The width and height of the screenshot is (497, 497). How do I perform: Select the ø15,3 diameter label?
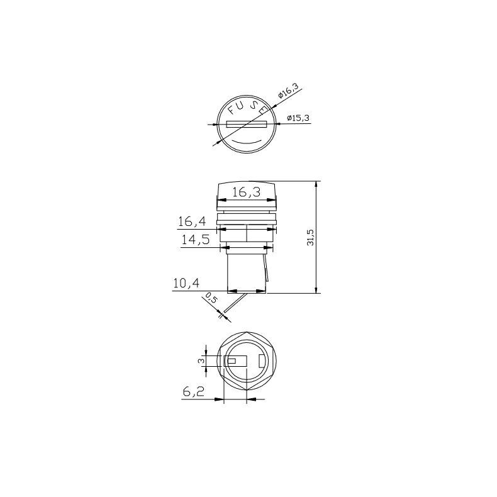click(x=298, y=118)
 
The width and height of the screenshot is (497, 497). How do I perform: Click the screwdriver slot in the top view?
click(x=247, y=124)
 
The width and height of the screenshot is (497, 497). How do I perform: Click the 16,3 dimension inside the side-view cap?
click(x=246, y=193)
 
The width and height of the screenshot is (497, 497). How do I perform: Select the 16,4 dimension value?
click(x=193, y=221)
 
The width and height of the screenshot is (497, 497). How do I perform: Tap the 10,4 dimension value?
click(x=186, y=284)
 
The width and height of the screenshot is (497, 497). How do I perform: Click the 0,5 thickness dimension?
click(x=211, y=301)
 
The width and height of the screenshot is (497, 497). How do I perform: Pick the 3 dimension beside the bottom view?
click(x=201, y=360)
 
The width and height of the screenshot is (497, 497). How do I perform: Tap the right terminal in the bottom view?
click(x=262, y=361)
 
